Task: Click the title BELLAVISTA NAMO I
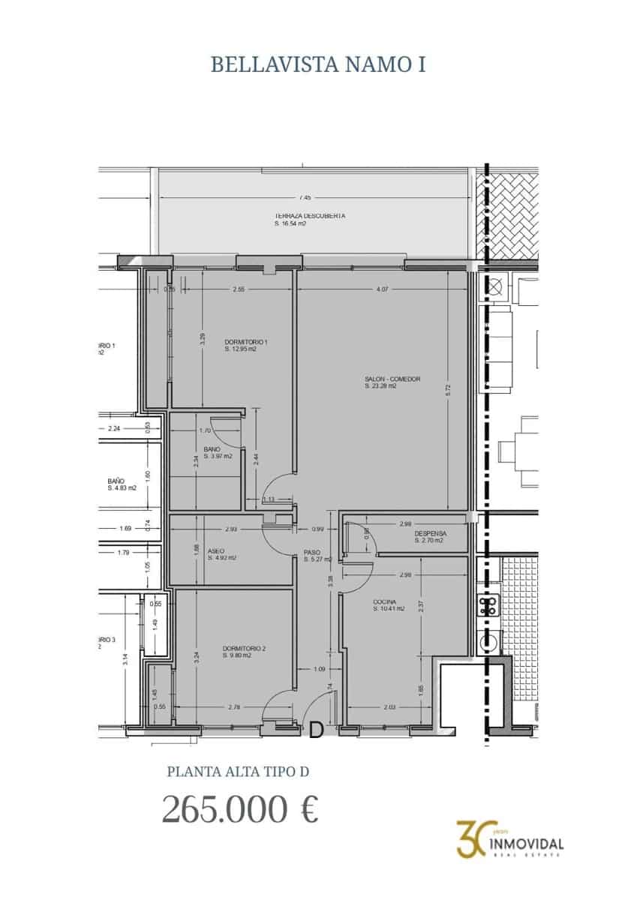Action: pyautogui.click(x=318, y=64)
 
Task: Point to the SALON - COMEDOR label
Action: pyautogui.click(x=392, y=379)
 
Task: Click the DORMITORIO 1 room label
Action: pyautogui.click(x=241, y=343)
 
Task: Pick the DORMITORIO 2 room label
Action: pyautogui.click(x=244, y=648)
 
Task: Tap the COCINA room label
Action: pyautogui.click(x=384, y=602)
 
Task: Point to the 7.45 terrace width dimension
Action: pyautogui.click(x=305, y=198)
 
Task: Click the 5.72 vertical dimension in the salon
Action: pyautogui.click(x=448, y=390)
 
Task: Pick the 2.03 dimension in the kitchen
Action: pyautogui.click(x=389, y=706)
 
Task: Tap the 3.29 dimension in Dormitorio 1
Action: pyautogui.click(x=202, y=339)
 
